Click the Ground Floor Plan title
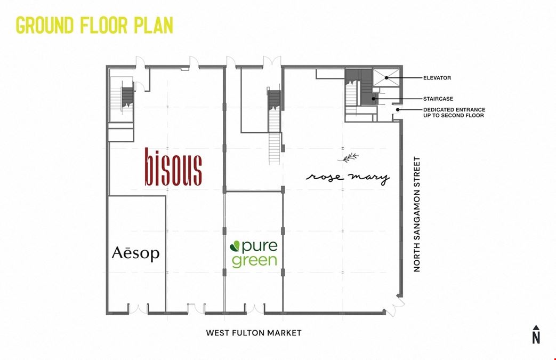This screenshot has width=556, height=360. point(94,26)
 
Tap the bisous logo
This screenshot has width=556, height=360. point(174,167)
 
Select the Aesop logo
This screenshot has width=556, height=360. point(136,253)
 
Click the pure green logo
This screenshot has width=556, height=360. point(254,253)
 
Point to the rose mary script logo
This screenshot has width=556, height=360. point(348,178)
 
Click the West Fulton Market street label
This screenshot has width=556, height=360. point(254,333)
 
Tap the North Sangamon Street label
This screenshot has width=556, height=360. point(417,214)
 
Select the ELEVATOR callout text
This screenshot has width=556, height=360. point(437,78)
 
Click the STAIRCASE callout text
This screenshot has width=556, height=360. point(438,99)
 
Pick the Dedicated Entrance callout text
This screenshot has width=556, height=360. point(454,113)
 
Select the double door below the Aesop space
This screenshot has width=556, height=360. point(139,308)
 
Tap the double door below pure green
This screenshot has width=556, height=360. point(254,308)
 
